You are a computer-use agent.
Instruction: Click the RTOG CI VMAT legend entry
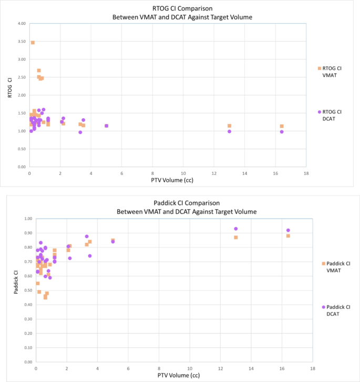(331, 71)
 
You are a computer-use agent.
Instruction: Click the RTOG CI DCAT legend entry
(331, 115)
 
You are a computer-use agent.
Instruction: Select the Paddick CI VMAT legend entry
(336, 267)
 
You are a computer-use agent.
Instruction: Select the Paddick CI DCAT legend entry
(336, 310)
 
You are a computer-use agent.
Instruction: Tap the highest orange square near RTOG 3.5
(33, 43)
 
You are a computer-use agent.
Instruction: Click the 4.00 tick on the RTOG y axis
(21, 24)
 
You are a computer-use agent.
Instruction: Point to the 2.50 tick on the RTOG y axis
(21, 77)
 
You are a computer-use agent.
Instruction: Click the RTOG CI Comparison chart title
(182, 13)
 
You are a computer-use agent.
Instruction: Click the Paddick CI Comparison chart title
(182, 207)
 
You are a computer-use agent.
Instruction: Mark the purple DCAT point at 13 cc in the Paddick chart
(236, 229)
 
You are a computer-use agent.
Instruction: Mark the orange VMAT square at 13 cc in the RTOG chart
(229, 126)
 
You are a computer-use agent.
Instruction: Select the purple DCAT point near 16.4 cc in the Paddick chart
(288, 230)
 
